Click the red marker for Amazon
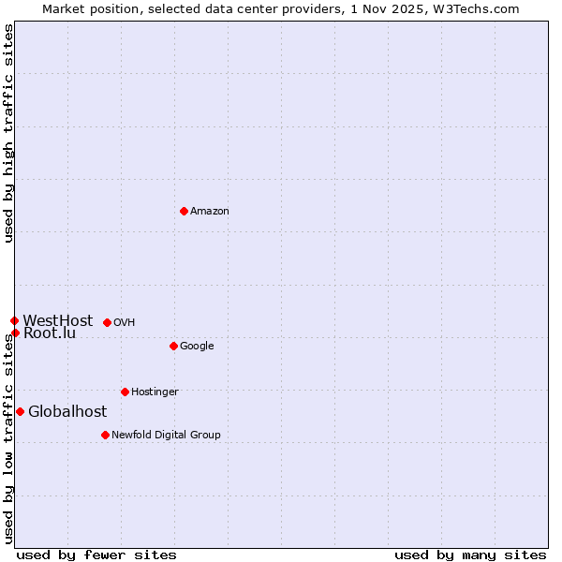(x=184, y=211)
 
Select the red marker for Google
(x=173, y=346)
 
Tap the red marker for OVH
(x=107, y=322)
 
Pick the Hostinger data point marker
(x=125, y=392)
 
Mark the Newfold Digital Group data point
(x=105, y=435)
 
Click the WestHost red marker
(x=14, y=320)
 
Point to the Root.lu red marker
(x=15, y=333)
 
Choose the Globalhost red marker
(x=20, y=411)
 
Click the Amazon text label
(x=210, y=212)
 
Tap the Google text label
(x=197, y=347)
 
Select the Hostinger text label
(x=155, y=392)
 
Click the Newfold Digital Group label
(x=166, y=436)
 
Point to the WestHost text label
(x=58, y=320)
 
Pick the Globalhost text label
(x=67, y=412)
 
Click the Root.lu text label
(x=50, y=333)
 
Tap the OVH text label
(x=125, y=323)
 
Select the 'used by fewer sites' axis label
(x=96, y=555)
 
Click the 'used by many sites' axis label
(x=470, y=555)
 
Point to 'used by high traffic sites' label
(x=8, y=133)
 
